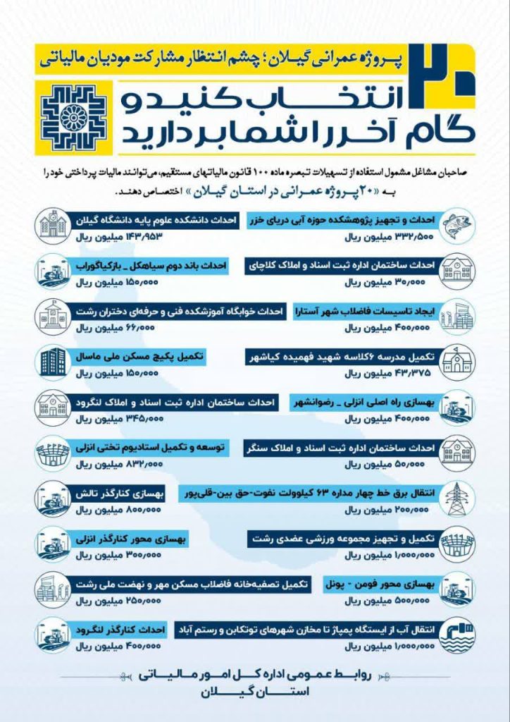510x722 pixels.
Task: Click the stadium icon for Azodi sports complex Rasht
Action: coord(458,544)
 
